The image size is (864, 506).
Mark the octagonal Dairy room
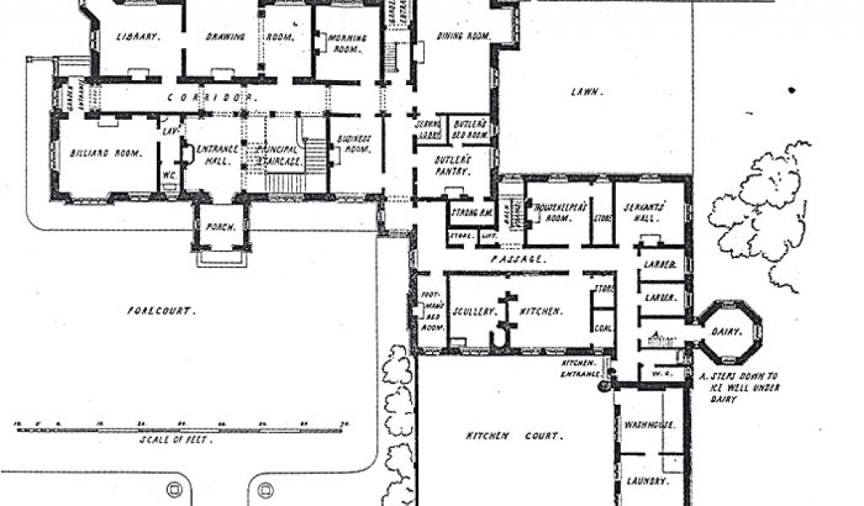730,331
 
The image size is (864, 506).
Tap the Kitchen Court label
514,436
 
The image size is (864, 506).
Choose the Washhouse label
650,424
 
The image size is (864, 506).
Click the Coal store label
602,329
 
